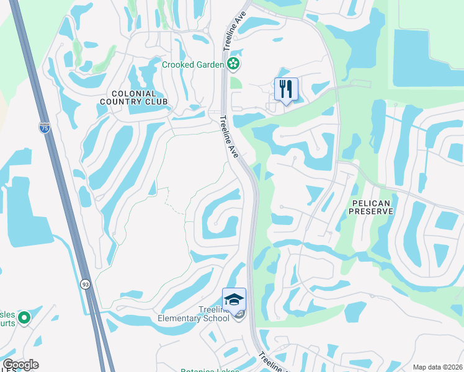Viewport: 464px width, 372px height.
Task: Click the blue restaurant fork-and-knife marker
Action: (x=286, y=89)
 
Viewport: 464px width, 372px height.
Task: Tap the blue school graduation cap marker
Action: (x=234, y=299)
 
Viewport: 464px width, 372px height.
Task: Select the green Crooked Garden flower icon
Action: (x=233, y=63)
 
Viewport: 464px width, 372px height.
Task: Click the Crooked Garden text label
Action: (x=193, y=64)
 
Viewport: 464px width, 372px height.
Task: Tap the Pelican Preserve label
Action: (x=372, y=207)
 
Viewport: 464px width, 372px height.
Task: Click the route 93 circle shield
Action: (x=84, y=283)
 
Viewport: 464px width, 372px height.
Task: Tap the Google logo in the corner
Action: (x=20, y=365)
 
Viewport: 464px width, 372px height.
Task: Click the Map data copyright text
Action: (x=437, y=367)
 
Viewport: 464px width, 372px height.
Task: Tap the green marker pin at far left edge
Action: (x=24, y=318)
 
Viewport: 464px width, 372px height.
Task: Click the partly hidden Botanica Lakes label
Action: (x=205, y=370)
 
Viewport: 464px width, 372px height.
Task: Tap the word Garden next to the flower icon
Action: (x=208, y=64)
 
